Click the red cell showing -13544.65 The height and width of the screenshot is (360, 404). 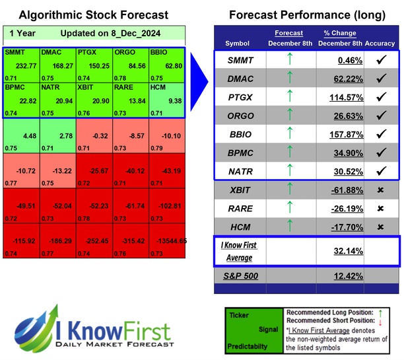pos(166,242)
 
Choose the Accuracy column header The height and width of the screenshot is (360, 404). pos(380,43)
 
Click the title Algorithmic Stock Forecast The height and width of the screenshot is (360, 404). pos(93,15)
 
